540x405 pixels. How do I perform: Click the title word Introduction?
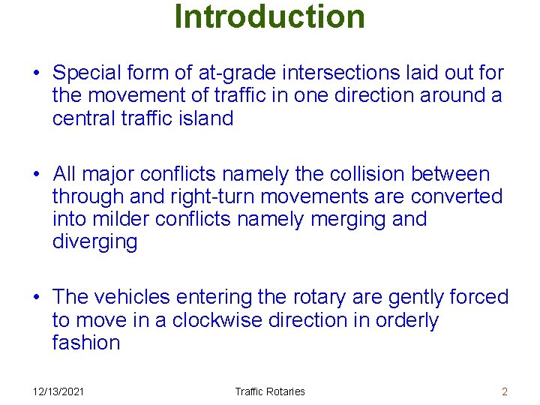[269, 16]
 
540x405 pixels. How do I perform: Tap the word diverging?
[94, 242]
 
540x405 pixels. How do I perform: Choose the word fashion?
[86, 343]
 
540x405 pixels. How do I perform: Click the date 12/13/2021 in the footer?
[58, 391]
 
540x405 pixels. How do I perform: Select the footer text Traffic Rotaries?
[270, 391]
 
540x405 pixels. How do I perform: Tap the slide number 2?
[505, 391]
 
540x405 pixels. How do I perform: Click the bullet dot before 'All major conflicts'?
[37, 175]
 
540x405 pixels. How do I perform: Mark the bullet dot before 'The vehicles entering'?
[37, 298]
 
